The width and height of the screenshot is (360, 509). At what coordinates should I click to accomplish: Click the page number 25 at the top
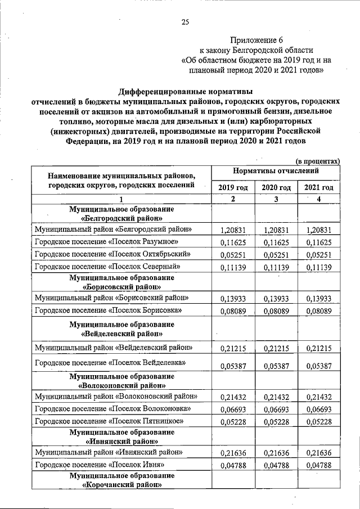tap(184, 22)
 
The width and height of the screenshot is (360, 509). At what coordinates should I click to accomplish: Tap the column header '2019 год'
tap(232, 187)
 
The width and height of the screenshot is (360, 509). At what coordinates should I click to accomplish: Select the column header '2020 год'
tap(276, 187)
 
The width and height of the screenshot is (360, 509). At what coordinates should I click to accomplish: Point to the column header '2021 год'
tap(319, 187)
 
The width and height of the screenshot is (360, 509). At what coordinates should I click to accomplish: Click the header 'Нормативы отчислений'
tap(276, 170)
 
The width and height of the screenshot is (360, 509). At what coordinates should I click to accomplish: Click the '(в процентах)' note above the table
tap(318, 160)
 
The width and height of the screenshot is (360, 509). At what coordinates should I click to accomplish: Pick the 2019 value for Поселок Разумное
tap(232, 242)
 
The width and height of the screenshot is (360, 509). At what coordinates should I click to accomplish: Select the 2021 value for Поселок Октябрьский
tap(319, 255)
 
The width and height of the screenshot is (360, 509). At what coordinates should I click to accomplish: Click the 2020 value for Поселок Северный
tap(276, 267)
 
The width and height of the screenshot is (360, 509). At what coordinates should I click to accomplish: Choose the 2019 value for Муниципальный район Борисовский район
tap(232, 298)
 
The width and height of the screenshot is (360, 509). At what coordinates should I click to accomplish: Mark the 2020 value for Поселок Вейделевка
tap(276, 366)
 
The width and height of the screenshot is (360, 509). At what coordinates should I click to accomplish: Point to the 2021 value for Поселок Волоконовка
tap(319, 409)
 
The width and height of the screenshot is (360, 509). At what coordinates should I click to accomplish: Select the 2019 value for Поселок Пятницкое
tap(232, 422)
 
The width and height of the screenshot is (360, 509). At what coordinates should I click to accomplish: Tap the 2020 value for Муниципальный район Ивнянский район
tap(276, 452)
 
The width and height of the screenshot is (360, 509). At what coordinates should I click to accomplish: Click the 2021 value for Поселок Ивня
tap(319, 465)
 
